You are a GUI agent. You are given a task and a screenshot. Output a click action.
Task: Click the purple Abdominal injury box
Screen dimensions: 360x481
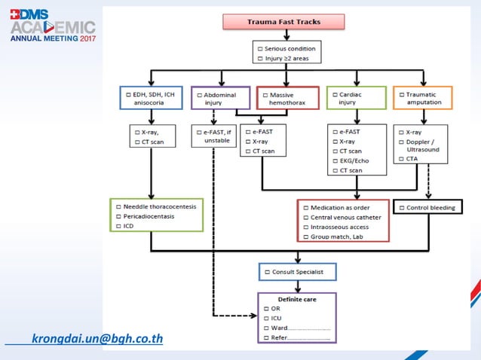219,99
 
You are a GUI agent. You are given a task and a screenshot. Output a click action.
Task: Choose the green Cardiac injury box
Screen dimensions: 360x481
357,99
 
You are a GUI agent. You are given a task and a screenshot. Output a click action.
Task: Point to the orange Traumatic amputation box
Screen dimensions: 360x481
423,99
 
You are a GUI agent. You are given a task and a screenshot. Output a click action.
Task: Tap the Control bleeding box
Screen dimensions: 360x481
427,207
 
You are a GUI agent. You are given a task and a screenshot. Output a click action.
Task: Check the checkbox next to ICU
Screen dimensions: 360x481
266,318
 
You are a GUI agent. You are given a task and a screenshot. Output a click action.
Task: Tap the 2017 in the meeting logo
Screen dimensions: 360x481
84,38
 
